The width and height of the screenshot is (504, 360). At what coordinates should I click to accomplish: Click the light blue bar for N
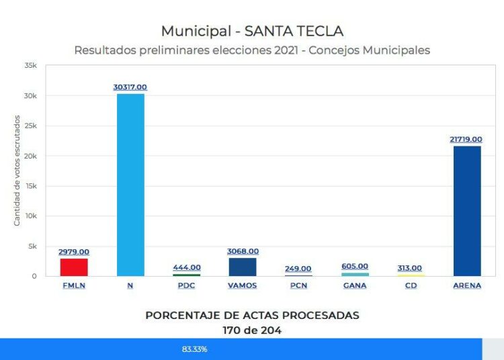coord(130,185)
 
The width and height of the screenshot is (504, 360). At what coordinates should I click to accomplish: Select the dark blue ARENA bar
coord(467,211)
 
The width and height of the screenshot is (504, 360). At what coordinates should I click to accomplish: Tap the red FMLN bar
coord(74,267)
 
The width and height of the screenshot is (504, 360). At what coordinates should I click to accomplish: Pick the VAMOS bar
coord(243,267)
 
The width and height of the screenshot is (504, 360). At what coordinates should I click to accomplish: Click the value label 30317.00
coord(130,87)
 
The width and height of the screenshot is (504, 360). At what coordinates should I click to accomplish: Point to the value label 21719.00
coord(466,139)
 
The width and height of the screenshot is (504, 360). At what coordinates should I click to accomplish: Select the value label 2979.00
coord(74,252)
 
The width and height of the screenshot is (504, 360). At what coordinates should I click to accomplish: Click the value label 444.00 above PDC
coord(187,267)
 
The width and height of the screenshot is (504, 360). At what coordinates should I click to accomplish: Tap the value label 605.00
coord(355,266)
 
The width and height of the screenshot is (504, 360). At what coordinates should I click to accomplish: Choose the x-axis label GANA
coord(355,285)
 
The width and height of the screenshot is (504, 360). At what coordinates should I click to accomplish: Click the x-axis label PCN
coord(298,285)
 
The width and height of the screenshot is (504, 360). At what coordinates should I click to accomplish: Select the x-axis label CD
coord(411,285)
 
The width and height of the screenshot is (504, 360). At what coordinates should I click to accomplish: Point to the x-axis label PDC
coord(187,285)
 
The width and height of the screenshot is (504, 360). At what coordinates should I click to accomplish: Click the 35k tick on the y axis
coord(30,66)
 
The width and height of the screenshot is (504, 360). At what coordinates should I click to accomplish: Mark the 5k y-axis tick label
coord(32,246)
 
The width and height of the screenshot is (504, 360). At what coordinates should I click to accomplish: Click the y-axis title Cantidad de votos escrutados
coord(17,171)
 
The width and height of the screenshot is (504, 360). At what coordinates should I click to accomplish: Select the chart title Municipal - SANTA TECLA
coord(252,31)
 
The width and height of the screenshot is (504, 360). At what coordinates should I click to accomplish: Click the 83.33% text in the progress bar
coord(194,349)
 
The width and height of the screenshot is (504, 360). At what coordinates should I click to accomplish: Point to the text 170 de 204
coord(252,330)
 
